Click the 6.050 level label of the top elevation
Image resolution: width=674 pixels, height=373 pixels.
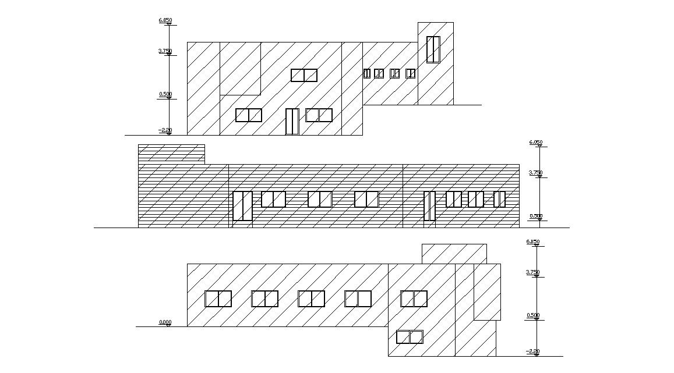tap(165, 20)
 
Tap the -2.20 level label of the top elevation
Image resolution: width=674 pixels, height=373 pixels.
tap(165, 130)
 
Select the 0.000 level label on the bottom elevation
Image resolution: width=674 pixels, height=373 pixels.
tap(165, 322)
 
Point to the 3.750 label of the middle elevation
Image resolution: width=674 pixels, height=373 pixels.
tap(535, 173)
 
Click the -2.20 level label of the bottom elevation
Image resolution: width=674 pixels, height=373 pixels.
tap(532, 351)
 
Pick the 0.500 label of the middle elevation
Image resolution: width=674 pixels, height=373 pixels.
tap(536, 216)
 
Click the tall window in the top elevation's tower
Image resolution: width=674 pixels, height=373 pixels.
tap(433, 49)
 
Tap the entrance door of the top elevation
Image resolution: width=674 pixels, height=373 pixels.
tap(292, 122)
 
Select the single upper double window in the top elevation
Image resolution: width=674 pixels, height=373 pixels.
tap(304, 76)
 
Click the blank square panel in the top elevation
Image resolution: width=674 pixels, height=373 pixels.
tap(239, 68)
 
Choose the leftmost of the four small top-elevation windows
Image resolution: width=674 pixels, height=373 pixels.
tap(367, 73)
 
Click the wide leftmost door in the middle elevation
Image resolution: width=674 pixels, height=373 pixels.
tap(242, 205)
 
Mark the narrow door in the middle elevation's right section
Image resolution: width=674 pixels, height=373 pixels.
tap(429, 205)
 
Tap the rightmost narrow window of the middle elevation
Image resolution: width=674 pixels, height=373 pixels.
tap(499, 199)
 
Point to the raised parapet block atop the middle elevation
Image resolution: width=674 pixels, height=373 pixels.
tap(171, 154)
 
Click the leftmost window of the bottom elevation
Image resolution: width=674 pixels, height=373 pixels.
tap(218, 299)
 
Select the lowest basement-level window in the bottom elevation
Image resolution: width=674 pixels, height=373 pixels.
tap(409, 337)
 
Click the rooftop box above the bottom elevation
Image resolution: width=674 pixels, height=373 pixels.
tap(454, 254)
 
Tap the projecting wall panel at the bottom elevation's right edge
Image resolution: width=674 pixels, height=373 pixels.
tap(487, 292)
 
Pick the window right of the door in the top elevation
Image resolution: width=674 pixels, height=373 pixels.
tap(319, 115)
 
